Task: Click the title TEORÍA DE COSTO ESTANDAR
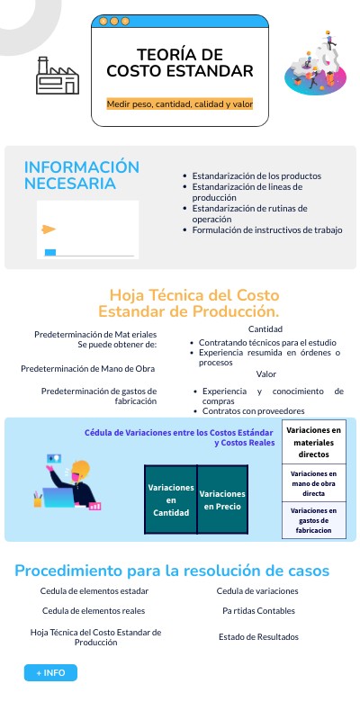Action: click(180, 63)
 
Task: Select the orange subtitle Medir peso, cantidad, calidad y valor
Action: click(180, 104)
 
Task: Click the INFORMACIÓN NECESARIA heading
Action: click(82, 175)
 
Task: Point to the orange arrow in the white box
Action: click(49, 229)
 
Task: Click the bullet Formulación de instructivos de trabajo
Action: click(267, 229)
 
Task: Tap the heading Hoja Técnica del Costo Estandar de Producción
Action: click(194, 303)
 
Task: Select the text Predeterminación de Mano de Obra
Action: click(88, 369)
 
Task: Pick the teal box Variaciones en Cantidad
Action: click(171, 499)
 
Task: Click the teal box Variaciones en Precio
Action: click(221, 499)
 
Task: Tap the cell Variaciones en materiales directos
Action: click(314, 442)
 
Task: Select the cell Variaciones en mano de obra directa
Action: click(314, 483)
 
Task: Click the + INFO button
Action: click(50, 672)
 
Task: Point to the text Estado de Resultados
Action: click(258, 637)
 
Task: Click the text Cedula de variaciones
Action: click(257, 591)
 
